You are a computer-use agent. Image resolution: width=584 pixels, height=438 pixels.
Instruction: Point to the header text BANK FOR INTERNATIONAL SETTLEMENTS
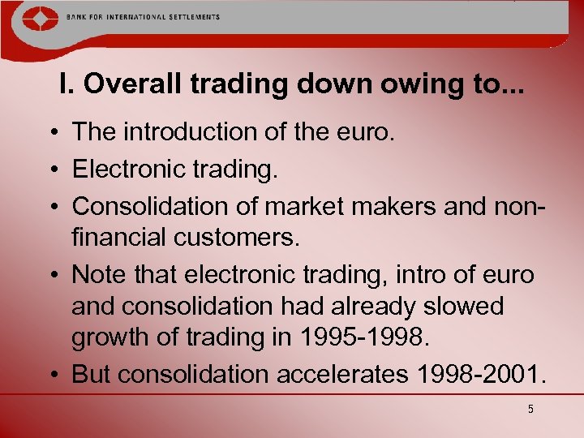click(145, 17)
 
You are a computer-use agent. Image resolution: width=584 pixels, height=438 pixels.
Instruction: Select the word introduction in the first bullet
click(176, 131)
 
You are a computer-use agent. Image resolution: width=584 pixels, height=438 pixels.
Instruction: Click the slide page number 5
click(530, 410)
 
